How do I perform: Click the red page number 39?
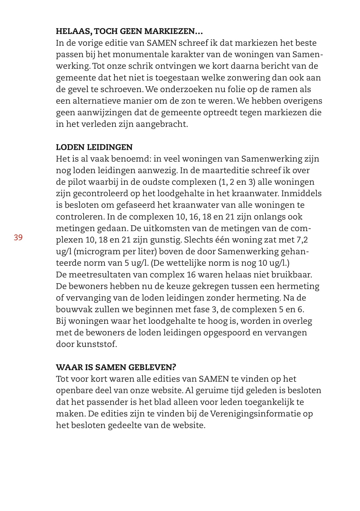pyautogui.click(x=18, y=237)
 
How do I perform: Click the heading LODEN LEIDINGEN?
pyautogui.click(x=94, y=147)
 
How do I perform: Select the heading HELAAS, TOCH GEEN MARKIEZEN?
pyautogui.click(x=129, y=31)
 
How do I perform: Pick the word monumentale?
pyautogui.click(x=130, y=54)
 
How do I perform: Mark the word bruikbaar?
pyautogui.click(x=292, y=274)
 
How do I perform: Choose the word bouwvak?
pyautogui.click(x=72, y=309)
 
